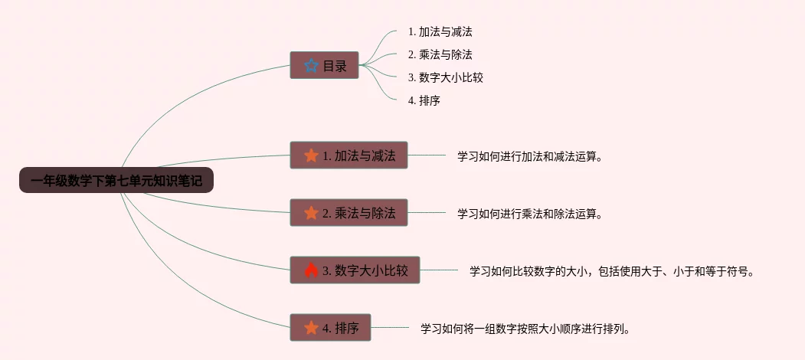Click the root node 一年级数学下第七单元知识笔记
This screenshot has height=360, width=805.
pos(116,181)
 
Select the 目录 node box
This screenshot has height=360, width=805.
pos(324,65)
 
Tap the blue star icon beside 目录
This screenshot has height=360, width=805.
pos(310,66)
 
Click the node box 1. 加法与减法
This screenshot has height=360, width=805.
pos(349,155)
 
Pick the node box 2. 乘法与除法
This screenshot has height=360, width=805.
pos(349,213)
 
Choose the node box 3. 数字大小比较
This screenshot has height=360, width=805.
pos(355,270)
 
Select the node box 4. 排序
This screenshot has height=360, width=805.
pos(330,328)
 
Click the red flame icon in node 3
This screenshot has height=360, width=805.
pos(311,270)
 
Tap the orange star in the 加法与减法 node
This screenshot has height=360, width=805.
pos(311,155)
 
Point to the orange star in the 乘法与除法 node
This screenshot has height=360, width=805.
pos(311,213)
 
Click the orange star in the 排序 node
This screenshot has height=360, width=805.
pos(311,328)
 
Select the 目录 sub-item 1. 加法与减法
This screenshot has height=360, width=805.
pos(445,32)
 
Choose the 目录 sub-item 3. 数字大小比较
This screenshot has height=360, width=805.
pos(445,77)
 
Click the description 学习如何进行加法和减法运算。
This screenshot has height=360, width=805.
pos(530,156)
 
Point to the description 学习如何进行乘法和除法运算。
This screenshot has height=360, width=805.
pos(530,214)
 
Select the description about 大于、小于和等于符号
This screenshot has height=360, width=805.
pos(612,271)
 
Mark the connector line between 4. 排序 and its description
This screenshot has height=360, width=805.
pos(390,328)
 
